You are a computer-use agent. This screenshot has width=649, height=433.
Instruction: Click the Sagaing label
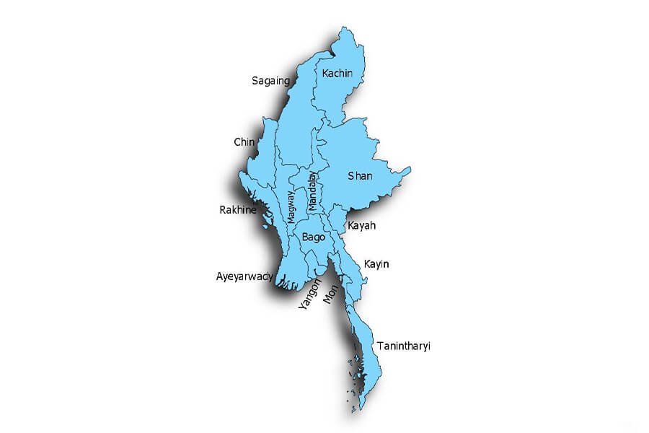270,81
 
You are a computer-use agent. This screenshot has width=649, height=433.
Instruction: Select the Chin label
244,142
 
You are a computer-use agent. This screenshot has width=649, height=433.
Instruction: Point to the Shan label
360,175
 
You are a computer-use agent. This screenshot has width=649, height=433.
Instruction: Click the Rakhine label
238,211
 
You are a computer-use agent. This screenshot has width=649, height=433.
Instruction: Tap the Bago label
314,237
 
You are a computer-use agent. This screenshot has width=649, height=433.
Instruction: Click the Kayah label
361,226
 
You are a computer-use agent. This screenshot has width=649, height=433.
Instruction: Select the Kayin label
376,264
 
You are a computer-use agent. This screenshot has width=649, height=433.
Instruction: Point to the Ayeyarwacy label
244,276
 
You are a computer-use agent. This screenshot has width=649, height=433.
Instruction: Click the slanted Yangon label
309,295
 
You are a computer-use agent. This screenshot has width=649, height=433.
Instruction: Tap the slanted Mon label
330,293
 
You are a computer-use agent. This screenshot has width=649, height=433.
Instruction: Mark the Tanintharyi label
403,346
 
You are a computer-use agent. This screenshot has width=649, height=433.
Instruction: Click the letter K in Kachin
326,73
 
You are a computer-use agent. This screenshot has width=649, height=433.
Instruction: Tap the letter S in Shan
351,175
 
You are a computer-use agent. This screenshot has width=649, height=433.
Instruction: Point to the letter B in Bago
306,237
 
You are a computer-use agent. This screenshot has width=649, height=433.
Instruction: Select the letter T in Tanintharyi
379,346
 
